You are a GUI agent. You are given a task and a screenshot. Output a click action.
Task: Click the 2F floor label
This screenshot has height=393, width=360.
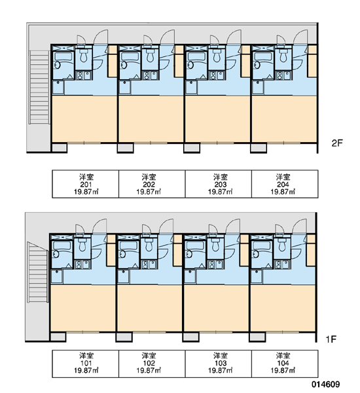(336, 143)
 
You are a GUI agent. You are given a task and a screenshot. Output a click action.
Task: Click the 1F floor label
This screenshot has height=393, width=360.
(331, 339)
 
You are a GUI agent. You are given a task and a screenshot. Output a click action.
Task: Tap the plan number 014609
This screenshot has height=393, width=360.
(326, 384)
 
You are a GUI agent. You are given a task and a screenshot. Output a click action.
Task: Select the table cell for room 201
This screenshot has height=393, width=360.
(86, 184)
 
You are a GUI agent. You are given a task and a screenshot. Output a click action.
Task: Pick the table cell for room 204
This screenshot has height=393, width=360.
(285, 184)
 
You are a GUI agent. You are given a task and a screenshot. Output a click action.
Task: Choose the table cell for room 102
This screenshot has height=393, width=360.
(152, 364)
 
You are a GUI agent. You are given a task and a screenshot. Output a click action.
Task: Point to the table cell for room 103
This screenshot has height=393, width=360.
(219, 364)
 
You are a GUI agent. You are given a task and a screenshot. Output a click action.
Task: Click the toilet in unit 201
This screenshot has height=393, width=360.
(83, 56)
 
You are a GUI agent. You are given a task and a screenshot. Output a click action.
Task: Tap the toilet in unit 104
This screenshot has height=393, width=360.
(282, 244)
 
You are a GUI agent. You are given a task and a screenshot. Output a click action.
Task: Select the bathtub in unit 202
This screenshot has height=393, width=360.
(129, 56)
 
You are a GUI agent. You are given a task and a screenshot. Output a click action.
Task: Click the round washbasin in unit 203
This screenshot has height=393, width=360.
(190, 65)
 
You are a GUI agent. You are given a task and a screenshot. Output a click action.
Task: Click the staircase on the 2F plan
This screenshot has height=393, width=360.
(39, 87)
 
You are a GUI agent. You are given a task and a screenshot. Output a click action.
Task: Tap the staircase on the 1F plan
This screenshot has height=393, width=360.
(37, 272)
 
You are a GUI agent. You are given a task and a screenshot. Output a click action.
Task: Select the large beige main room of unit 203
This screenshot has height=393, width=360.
(217, 119)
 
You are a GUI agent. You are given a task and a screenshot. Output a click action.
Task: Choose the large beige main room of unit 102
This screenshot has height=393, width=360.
(149, 309)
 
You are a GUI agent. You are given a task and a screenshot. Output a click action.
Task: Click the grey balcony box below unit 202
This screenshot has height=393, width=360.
(125, 147)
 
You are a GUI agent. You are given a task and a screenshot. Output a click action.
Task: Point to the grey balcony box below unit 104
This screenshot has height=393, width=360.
(257, 337)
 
